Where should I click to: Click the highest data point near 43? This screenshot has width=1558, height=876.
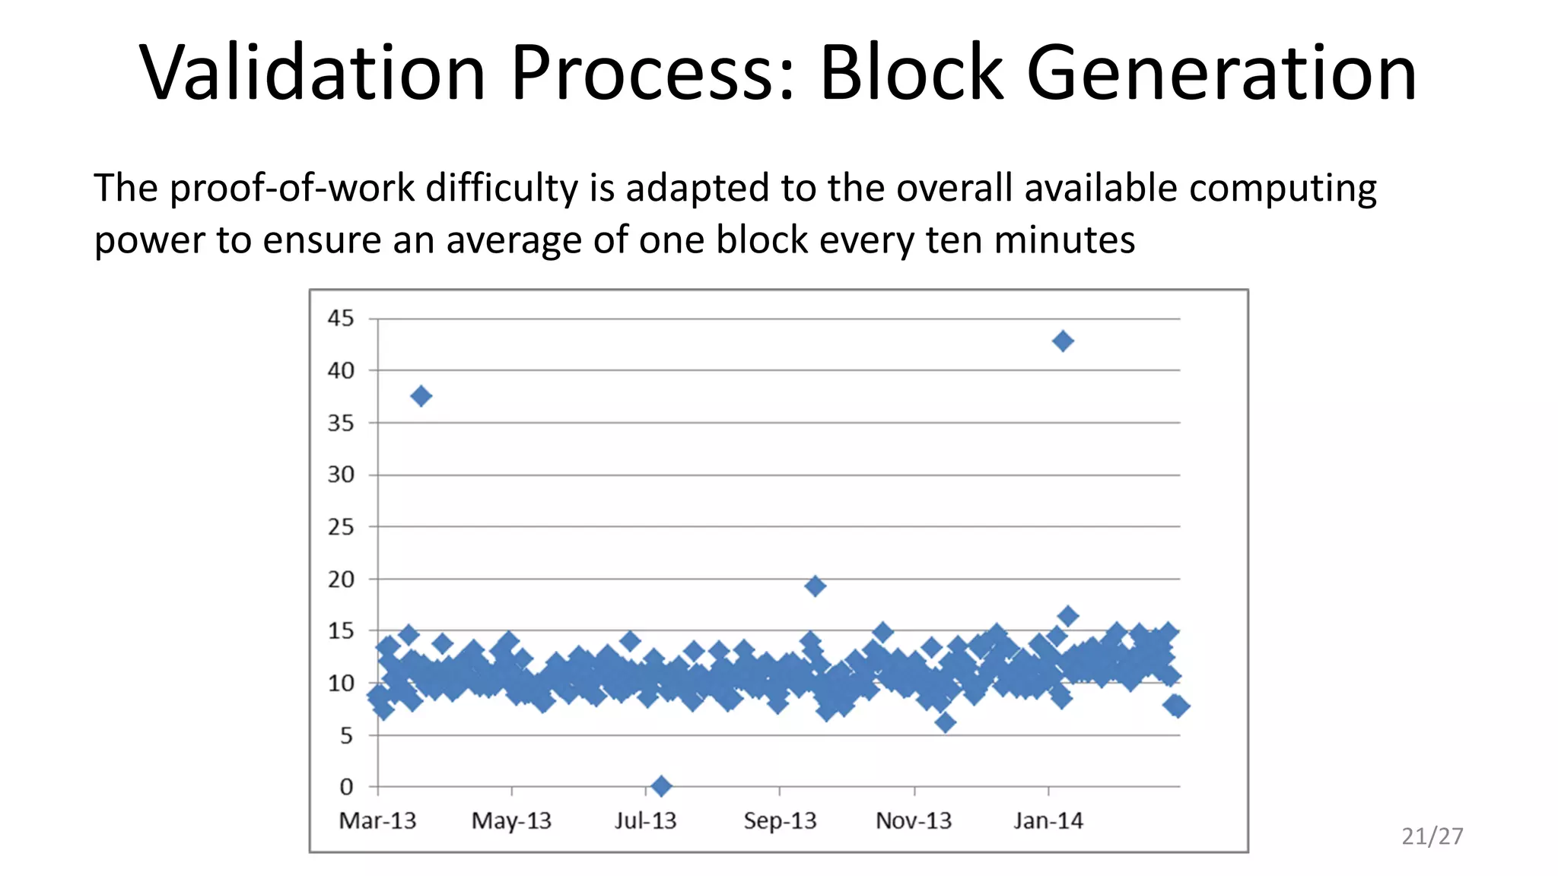[x=1063, y=341]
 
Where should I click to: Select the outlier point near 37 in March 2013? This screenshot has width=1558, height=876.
[x=421, y=396]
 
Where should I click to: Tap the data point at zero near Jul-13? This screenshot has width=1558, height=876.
[x=661, y=786]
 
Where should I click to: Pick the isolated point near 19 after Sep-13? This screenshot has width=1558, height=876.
[x=815, y=586]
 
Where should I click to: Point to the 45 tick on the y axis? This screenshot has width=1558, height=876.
[x=341, y=318]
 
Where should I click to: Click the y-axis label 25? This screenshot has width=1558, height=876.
[x=341, y=527]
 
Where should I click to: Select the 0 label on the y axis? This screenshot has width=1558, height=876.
[x=346, y=786]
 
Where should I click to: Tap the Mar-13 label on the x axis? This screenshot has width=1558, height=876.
[x=377, y=821]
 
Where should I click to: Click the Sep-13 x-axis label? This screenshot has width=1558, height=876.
[x=780, y=821]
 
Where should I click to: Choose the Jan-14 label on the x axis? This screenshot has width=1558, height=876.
[x=1048, y=821]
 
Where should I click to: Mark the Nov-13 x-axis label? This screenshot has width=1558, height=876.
[x=914, y=821]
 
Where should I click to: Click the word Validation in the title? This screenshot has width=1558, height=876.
[x=313, y=73]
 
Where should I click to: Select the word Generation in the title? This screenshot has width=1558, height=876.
[x=1222, y=73]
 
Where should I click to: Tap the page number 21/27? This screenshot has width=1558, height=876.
[x=1432, y=836]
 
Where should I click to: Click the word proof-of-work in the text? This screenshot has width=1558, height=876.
[x=293, y=189]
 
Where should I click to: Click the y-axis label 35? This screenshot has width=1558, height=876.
[x=341, y=423]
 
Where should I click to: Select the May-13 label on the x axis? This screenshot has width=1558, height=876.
[x=511, y=821]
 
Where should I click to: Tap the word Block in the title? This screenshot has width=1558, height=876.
[x=911, y=73]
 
